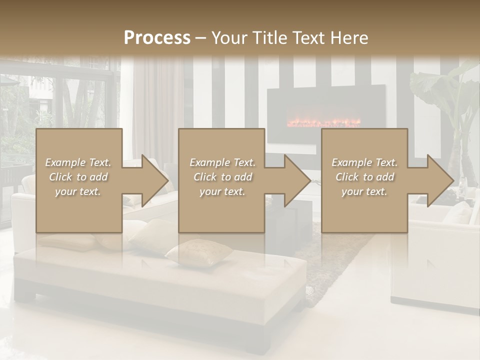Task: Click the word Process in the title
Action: coord(157,37)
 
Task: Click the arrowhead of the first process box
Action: coord(155,181)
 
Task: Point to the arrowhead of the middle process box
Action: coord(297,181)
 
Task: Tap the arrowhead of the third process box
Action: coord(440,181)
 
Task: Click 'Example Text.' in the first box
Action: coord(78,162)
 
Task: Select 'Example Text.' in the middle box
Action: coord(222,162)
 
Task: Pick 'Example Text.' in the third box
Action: coord(364,162)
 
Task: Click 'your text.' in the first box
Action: coord(78,191)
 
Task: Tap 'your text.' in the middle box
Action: coord(222,191)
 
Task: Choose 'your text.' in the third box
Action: coord(364,191)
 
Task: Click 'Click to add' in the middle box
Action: coord(222,177)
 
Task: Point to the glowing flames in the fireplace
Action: coord(322,122)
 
